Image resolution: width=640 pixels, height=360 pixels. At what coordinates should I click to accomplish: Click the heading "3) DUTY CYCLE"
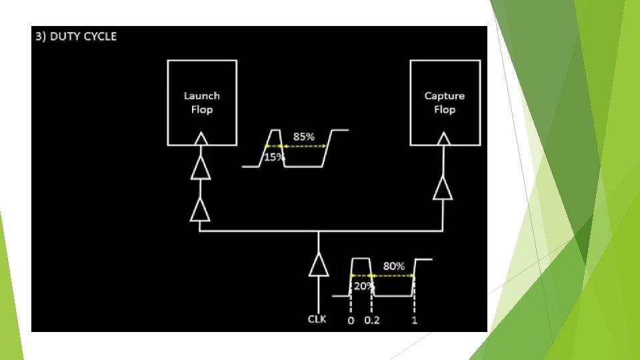click(x=76, y=36)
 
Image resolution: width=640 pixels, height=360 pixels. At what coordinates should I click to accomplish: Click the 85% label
click(x=304, y=136)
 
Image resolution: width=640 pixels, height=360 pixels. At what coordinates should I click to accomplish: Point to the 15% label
click(x=274, y=157)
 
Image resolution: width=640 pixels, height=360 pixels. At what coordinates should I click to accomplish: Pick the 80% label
click(x=393, y=265)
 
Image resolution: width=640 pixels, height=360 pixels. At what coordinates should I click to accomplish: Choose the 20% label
click(x=363, y=285)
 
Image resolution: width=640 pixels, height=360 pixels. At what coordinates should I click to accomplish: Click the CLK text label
click(x=317, y=319)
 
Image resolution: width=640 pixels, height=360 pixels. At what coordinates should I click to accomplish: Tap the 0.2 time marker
click(x=372, y=320)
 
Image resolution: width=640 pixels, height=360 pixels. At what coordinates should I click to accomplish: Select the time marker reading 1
click(x=415, y=320)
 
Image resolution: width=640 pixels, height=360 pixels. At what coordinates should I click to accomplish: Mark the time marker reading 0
click(x=351, y=320)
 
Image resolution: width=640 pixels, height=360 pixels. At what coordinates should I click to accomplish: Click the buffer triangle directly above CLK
click(x=318, y=265)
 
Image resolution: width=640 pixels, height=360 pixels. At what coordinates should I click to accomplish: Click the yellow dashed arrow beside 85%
click(x=304, y=146)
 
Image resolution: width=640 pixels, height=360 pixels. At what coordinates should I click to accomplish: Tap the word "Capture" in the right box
click(x=444, y=95)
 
